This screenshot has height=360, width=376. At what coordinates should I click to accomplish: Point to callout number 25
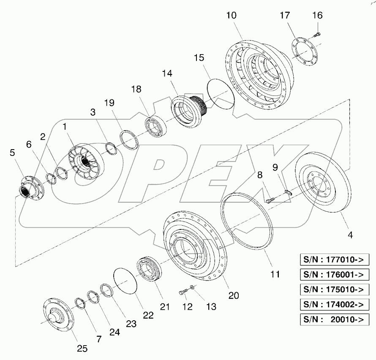coord(82,348)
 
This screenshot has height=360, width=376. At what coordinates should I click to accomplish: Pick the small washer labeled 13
coord(192,287)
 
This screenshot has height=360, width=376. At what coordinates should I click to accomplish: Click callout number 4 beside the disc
coord(350,234)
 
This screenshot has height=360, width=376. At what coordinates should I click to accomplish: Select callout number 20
coord(231,295)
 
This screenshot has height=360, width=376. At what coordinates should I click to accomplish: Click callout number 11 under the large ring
coord(275,274)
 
